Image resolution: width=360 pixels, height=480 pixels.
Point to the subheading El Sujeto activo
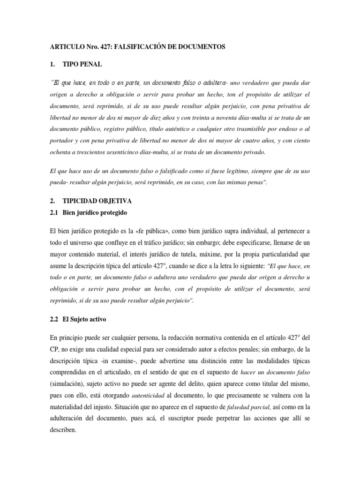point(85,319)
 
